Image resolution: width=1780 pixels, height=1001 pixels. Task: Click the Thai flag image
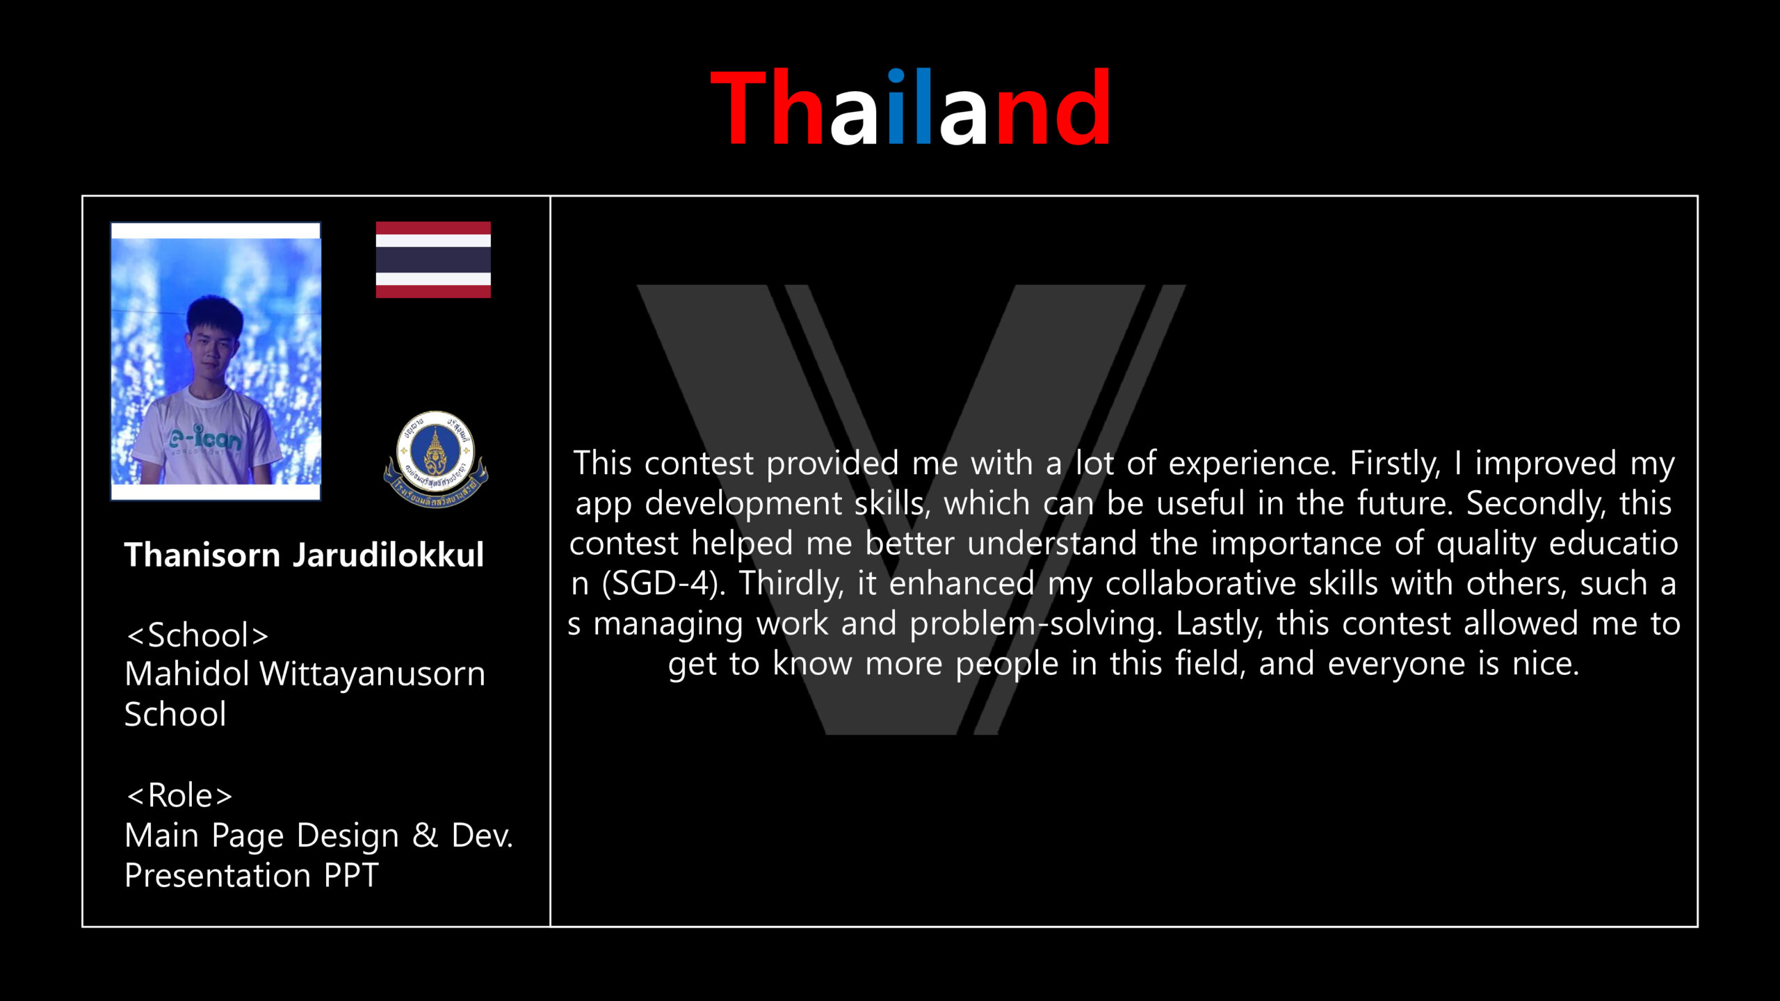pos(433,259)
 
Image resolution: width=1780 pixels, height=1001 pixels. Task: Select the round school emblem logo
pos(436,459)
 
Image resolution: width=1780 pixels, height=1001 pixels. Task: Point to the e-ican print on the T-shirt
pos(205,437)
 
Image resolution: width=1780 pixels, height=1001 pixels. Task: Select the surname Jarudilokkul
pos(388,555)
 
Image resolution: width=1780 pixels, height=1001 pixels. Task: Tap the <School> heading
pos(197,635)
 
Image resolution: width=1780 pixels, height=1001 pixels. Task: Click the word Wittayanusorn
pos(373,674)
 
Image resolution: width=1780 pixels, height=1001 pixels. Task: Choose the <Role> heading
pos(179,795)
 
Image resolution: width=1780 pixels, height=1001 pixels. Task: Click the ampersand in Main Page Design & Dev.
pos(425,835)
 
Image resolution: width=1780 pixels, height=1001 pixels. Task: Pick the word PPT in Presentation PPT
pos(351,875)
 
